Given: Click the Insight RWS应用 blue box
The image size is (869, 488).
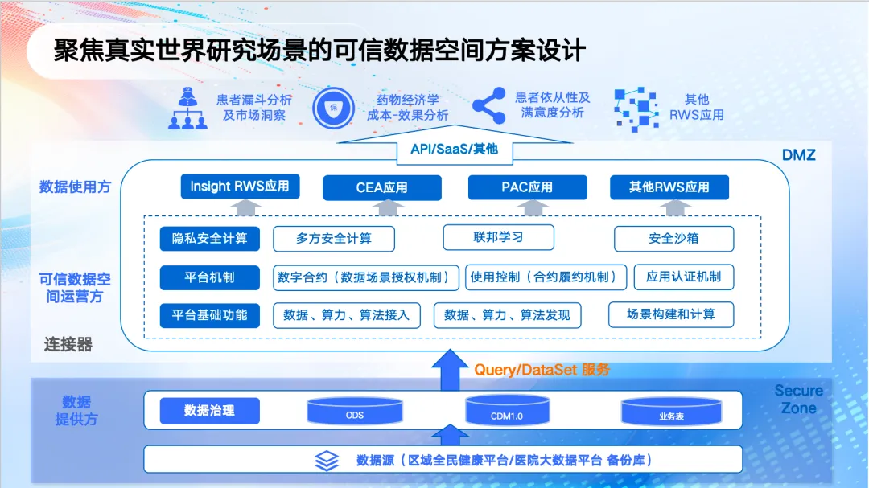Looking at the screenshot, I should click(240, 187).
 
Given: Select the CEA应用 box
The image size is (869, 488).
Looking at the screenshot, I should click(382, 187).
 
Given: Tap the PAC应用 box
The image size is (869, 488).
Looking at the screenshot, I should click(527, 187).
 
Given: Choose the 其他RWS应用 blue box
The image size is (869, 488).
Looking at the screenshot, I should click(669, 187).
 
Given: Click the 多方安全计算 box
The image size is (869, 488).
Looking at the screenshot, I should click(333, 239).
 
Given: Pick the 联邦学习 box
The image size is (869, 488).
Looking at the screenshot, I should click(498, 237).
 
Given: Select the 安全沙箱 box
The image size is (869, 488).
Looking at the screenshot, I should click(673, 239).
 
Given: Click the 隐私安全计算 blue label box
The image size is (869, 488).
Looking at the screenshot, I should click(209, 239).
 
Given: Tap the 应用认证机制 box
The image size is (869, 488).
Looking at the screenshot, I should click(683, 277).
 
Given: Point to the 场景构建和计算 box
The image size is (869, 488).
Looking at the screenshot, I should click(671, 314).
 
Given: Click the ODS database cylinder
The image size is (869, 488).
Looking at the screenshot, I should click(355, 412).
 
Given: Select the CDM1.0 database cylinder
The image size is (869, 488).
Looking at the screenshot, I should click(507, 412).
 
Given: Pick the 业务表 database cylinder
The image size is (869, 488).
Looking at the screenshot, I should click(671, 413).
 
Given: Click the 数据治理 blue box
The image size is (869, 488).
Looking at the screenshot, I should click(209, 411).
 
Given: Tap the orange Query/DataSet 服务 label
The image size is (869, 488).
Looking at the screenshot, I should click(542, 370).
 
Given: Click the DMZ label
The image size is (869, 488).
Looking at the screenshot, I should click(798, 154).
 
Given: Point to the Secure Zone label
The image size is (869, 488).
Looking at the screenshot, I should click(798, 400).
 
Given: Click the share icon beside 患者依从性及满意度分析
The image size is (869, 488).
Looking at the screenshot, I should click(488, 105).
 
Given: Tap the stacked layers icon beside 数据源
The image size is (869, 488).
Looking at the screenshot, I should click(327, 461).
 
